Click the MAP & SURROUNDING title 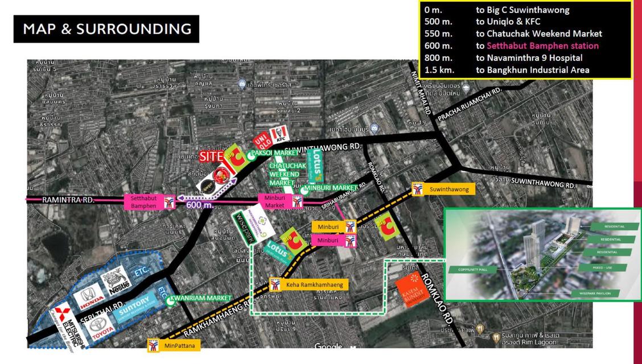pyautogui.click(x=106, y=29)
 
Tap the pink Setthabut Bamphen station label pyautogui.click(x=144, y=202)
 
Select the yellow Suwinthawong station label pyautogui.click(x=450, y=189)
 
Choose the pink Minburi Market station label pyautogui.click(x=275, y=201)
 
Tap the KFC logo pyautogui.click(x=280, y=134)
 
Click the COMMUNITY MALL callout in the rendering pyautogui.click(x=468, y=269)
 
